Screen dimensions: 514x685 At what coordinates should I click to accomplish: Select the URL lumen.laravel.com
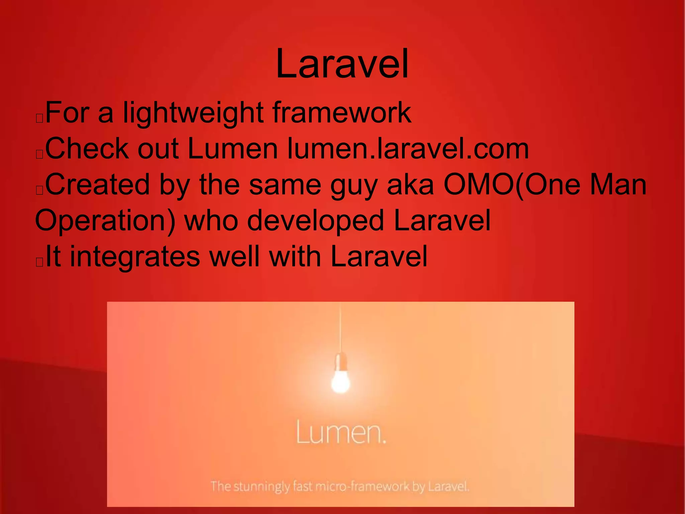[x=408, y=149]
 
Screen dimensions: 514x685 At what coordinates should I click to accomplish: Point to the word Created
[x=97, y=185]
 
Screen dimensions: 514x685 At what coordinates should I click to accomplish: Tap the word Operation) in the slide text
[x=105, y=221]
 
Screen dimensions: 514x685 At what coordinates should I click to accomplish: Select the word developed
[x=315, y=221]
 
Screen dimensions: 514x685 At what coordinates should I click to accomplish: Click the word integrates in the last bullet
[x=135, y=257]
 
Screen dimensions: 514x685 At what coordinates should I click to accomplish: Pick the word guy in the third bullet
[x=354, y=186]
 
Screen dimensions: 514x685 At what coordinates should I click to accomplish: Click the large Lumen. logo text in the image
[x=341, y=432]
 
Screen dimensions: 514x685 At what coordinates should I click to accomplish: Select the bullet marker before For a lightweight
[x=39, y=118]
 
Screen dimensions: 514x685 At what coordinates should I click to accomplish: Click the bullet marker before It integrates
[x=39, y=262]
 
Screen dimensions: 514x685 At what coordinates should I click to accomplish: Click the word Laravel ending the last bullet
[x=379, y=257]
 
